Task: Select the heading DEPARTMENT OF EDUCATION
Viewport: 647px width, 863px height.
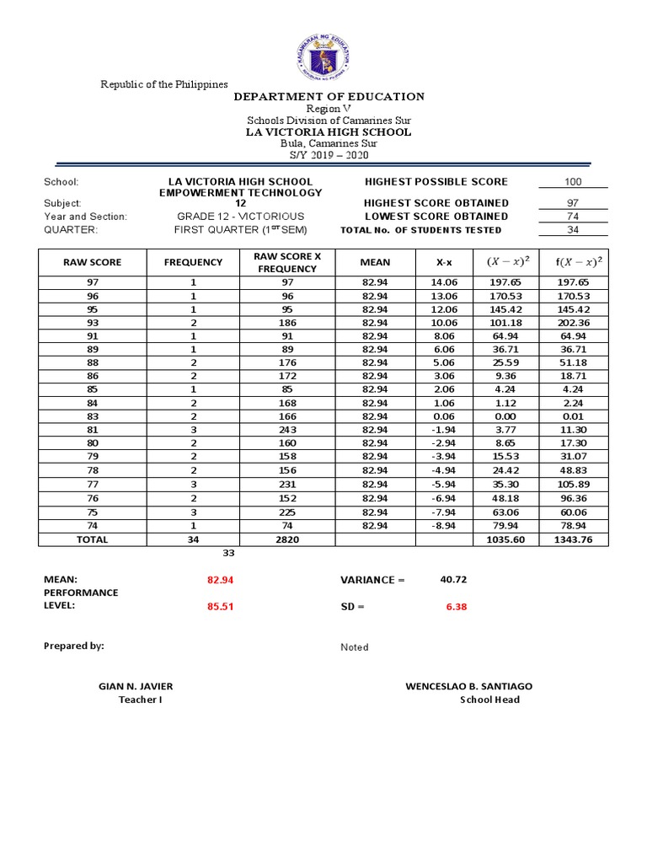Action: (329, 97)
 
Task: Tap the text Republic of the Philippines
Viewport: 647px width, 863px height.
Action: (164, 84)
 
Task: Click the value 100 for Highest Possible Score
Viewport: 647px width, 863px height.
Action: (573, 182)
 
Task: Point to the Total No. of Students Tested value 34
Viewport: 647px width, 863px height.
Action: (573, 230)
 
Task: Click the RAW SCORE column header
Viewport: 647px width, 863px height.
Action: (93, 262)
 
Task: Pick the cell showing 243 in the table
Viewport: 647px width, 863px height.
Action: (287, 429)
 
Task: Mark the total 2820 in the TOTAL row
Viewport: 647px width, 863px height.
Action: (287, 539)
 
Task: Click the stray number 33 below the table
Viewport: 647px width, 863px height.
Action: (227, 554)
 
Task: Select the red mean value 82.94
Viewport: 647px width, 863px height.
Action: (220, 581)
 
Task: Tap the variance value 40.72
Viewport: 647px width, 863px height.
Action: (453, 580)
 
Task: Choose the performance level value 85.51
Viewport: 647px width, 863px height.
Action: (220, 607)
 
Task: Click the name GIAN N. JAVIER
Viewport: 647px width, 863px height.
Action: (136, 687)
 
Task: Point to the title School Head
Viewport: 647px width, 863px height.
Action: (489, 700)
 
